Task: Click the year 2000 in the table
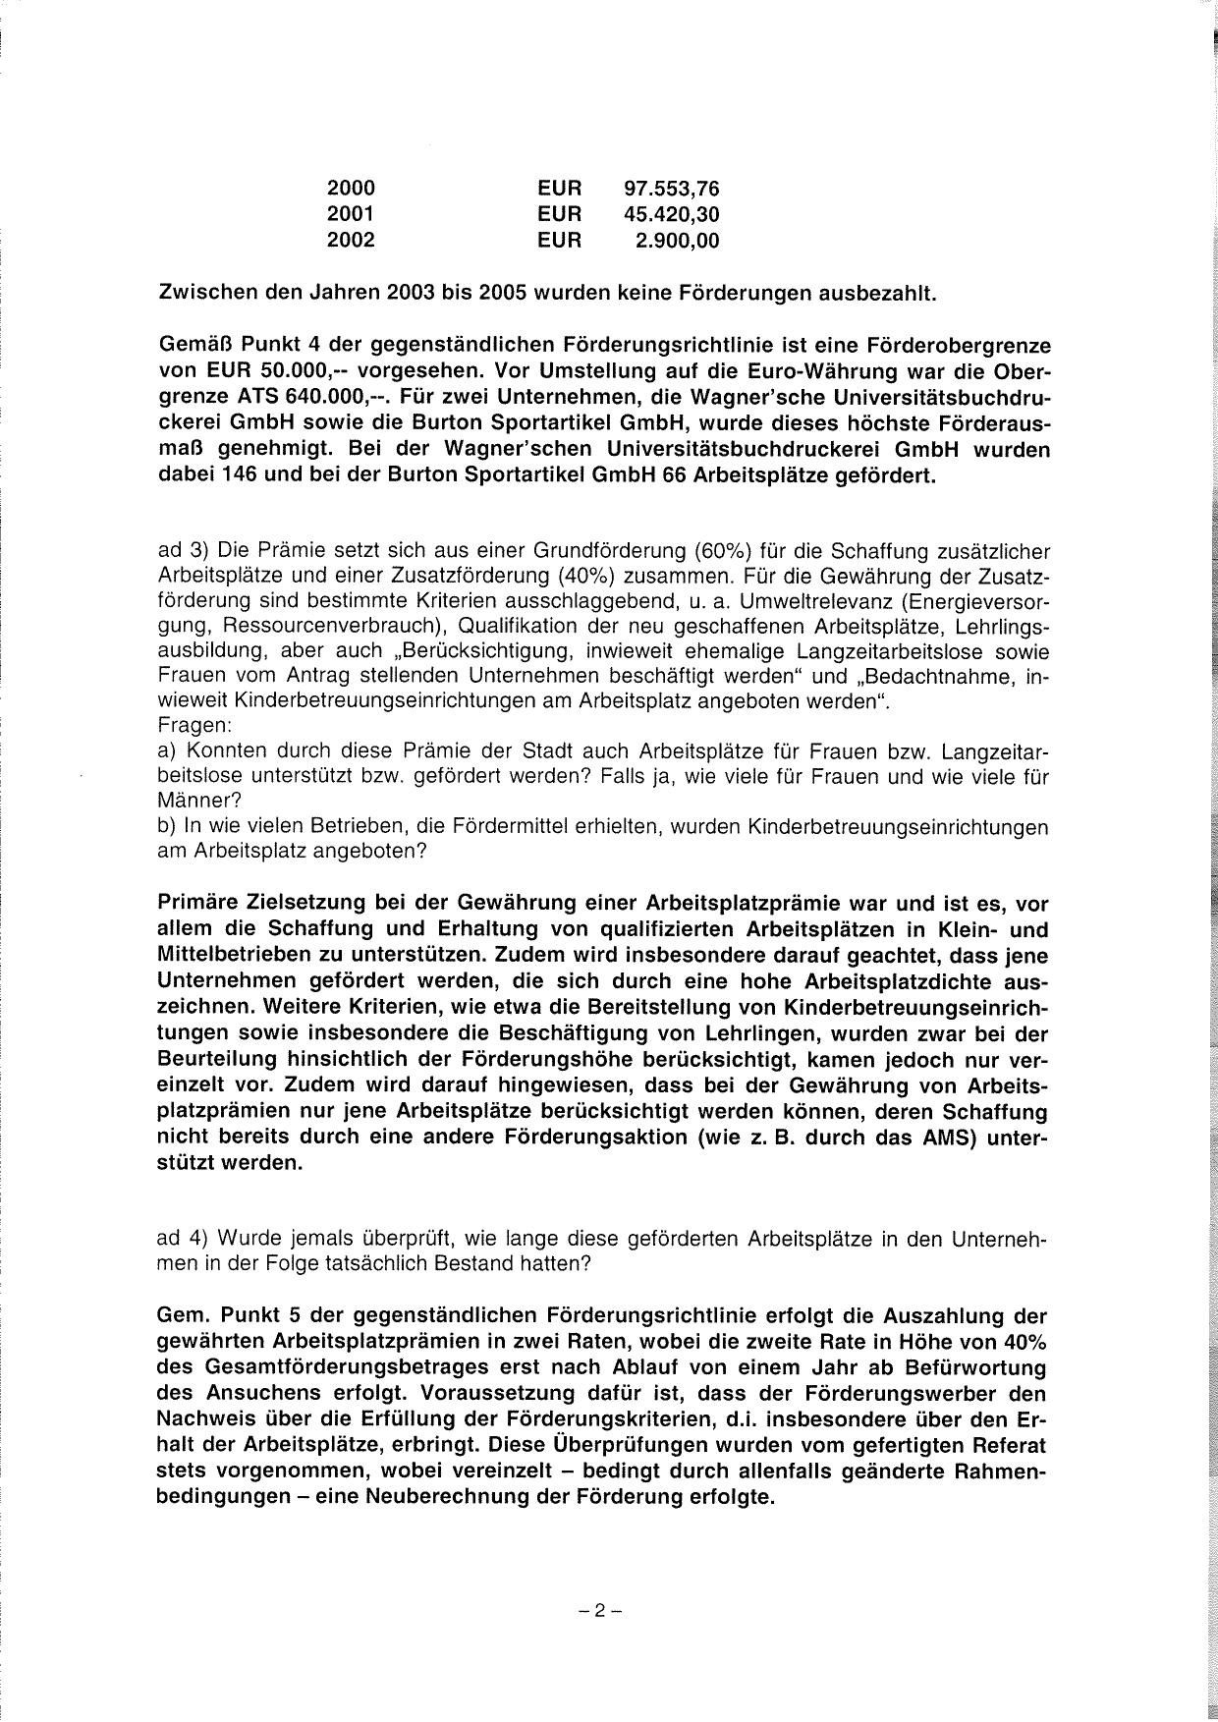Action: tap(351, 188)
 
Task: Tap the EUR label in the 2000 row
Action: tap(560, 188)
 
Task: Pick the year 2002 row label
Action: tap(351, 239)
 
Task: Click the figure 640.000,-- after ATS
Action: tap(329, 399)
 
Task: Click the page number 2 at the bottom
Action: tap(601, 1610)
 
